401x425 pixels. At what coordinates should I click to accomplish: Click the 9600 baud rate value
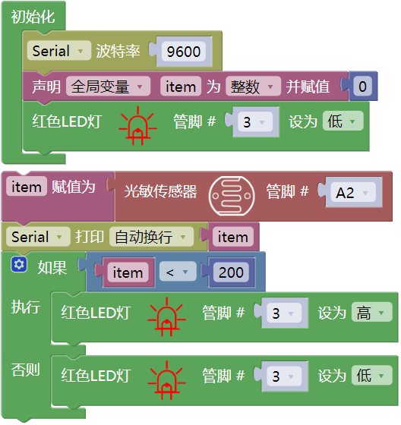[x=184, y=52]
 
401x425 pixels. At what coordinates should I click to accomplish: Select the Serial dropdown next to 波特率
[x=59, y=51]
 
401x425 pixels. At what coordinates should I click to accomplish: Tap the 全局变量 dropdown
[x=108, y=87]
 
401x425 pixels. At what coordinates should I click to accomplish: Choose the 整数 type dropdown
[x=253, y=87]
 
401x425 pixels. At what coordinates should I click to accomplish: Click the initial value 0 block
[x=363, y=87]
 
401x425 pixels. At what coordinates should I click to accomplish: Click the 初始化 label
[x=33, y=17]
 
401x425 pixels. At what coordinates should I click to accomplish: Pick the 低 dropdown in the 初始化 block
[x=343, y=121]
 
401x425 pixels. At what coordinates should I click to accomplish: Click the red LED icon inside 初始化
[x=137, y=125]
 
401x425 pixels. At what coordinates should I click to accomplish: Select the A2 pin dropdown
[x=353, y=193]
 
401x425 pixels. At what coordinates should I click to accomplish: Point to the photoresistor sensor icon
[x=232, y=196]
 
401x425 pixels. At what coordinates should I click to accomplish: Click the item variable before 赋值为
[x=27, y=187]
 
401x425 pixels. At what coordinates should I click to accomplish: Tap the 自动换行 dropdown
[x=151, y=237]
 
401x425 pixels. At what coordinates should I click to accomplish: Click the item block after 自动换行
[x=233, y=237]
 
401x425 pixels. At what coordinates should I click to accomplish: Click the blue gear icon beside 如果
[x=19, y=264]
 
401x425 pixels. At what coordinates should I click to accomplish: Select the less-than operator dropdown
[x=178, y=272]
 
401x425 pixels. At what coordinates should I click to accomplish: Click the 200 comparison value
[x=231, y=272]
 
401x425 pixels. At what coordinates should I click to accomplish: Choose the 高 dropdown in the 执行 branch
[x=371, y=313]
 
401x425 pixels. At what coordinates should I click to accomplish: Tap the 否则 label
[x=26, y=370]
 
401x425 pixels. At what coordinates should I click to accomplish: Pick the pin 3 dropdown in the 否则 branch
[x=284, y=376]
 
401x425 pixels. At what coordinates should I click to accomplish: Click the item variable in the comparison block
[x=128, y=272]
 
